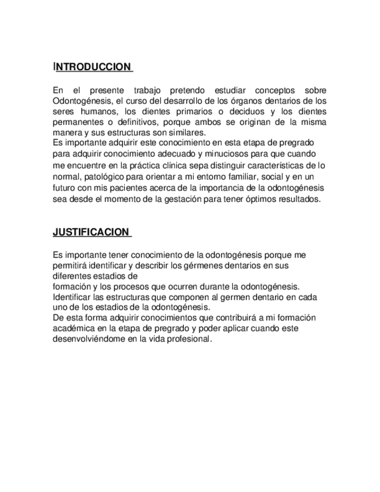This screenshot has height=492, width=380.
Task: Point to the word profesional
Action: [x=188, y=339]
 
